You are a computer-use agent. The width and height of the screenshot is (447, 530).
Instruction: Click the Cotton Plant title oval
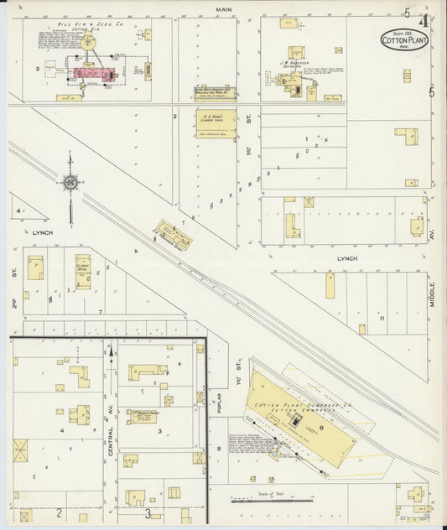point(403,39)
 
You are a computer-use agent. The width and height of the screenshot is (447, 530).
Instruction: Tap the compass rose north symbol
point(70,179)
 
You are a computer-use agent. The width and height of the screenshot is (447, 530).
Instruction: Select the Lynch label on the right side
point(346,259)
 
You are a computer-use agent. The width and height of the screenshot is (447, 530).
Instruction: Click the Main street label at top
point(223,9)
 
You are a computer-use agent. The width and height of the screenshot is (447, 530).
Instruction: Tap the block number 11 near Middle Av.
point(381,319)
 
